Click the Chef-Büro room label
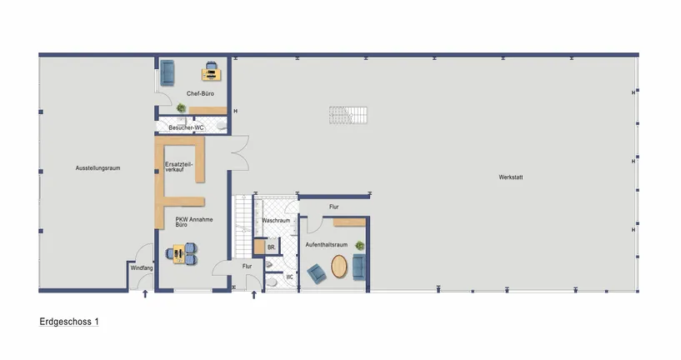(200, 94)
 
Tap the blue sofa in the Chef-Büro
(167, 72)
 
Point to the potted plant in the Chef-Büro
(182, 107)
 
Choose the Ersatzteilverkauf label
(179, 167)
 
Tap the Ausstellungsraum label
(98, 168)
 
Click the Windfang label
(141, 268)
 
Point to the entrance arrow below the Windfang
(146, 294)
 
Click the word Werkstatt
(511, 177)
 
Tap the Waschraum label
(275, 221)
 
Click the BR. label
(271, 247)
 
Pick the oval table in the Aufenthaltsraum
(340, 267)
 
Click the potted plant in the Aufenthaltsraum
(359, 245)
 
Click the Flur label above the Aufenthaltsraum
(333, 206)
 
